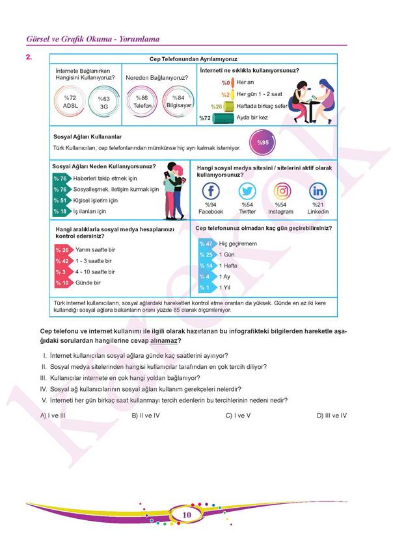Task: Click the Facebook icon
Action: coord(211,192)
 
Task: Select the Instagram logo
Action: coord(282,192)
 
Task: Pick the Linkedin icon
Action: coord(318,192)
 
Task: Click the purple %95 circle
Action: coord(262,142)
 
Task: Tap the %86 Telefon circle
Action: coord(142,102)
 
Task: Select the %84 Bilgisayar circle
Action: coord(178,102)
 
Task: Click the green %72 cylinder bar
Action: coord(218,118)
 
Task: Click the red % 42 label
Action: coord(62,261)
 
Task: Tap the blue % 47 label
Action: coord(206,244)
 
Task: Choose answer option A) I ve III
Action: coord(57,415)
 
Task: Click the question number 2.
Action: coord(28,57)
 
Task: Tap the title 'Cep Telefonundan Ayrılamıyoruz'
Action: coord(193,58)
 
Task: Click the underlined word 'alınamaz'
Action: coord(165,340)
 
